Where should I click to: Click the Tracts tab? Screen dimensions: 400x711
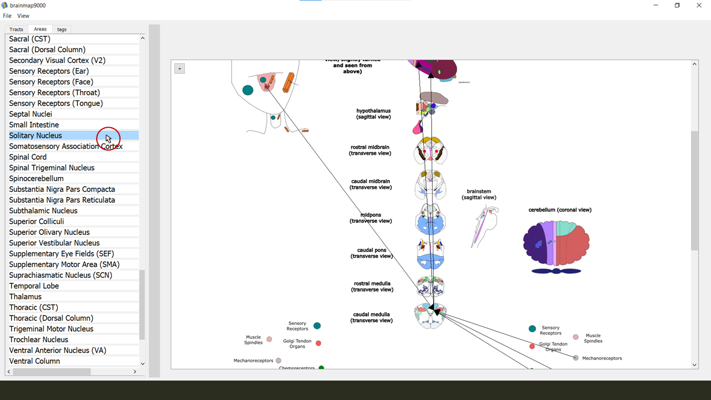point(16,29)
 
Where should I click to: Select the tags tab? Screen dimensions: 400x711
point(62,29)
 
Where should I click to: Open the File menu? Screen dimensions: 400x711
point(7,16)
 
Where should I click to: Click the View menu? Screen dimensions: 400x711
point(23,16)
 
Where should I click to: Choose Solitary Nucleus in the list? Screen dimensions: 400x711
point(36,136)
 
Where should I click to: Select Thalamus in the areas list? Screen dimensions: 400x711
point(26,297)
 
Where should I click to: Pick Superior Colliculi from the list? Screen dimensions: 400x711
point(37,222)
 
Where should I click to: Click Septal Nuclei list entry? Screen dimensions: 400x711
point(31,114)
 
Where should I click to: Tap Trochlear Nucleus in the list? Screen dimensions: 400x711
point(39,339)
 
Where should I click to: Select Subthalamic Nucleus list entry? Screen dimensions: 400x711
point(43,211)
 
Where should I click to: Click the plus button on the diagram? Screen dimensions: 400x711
point(179,69)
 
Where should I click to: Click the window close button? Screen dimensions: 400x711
point(699,6)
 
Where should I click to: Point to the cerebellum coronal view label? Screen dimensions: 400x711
point(560,210)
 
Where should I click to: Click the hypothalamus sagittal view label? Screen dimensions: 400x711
point(373,114)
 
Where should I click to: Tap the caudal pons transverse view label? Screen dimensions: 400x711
point(372,253)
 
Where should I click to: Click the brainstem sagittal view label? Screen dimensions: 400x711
point(479,194)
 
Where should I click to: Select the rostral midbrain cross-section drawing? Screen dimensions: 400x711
point(430,151)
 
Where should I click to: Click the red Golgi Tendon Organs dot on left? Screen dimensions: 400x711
point(318,343)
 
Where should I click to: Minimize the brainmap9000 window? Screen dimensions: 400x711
point(656,6)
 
